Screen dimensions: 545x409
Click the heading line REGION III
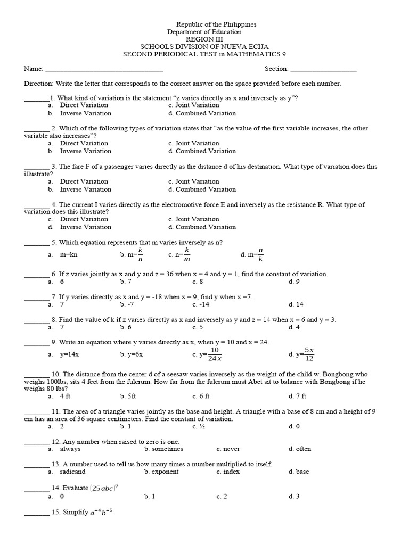click(x=204, y=39)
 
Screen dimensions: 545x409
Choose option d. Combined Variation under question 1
click(x=202, y=113)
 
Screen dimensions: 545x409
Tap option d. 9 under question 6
click(x=294, y=282)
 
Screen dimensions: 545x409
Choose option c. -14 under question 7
click(x=201, y=304)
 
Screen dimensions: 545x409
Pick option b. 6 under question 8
click(x=126, y=327)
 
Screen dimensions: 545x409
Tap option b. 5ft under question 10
click(x=128, y=396)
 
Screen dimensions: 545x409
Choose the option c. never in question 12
click(x=228, y=449)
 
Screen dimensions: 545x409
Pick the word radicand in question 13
click(x=72, y=472)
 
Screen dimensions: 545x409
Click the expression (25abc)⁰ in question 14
click(x=107, y=488)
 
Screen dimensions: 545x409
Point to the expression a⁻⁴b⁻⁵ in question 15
click(x=101, y=512)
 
